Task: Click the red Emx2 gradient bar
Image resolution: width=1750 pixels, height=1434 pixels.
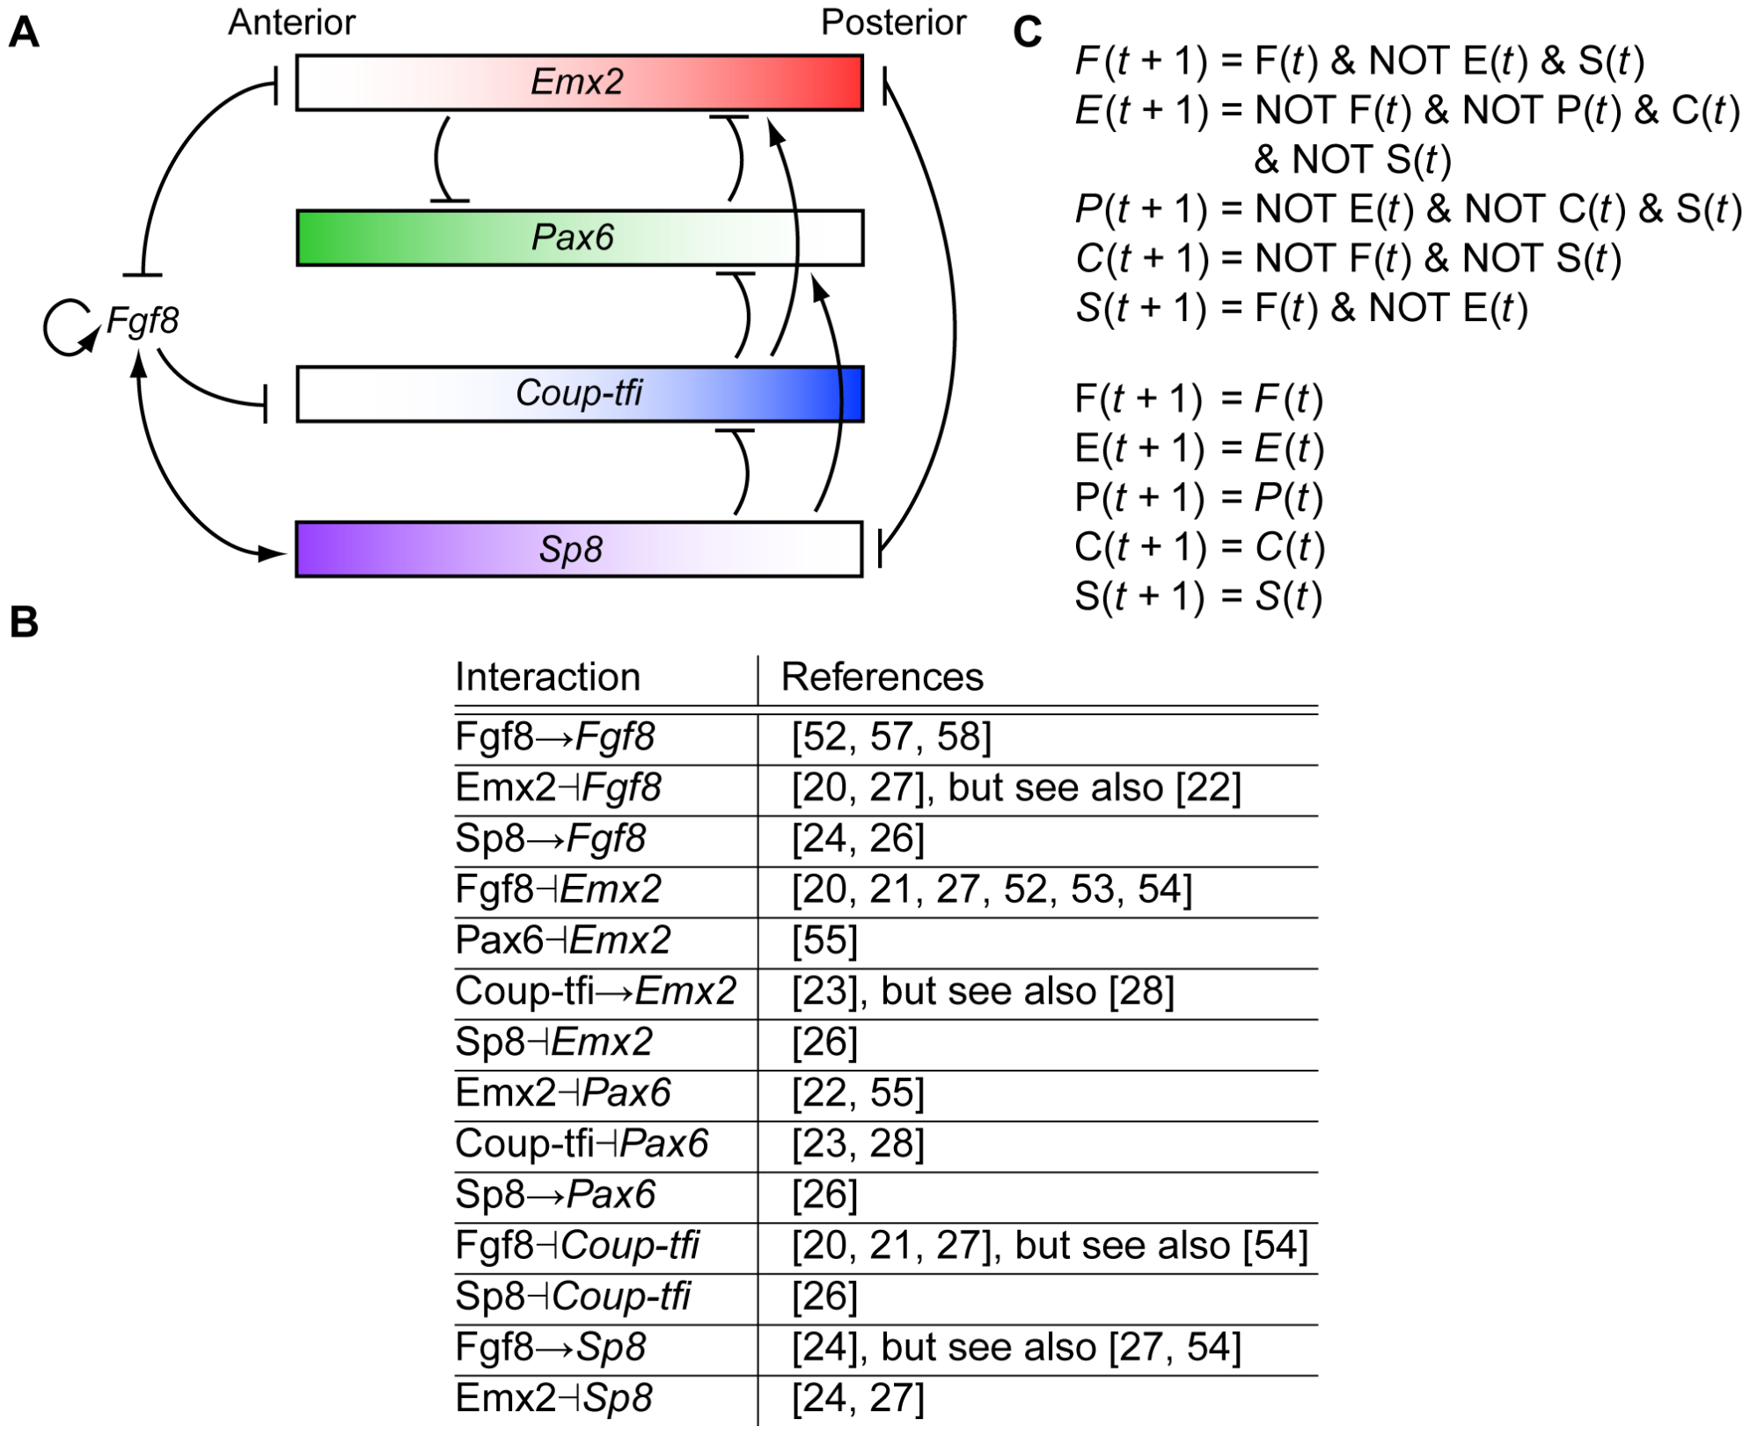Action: click(579, 83)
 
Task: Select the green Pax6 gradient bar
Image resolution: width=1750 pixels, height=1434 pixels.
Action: click(579, 238)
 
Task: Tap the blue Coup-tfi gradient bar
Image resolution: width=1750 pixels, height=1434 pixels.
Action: click(579, 393)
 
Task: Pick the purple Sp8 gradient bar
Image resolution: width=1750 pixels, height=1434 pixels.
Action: click(579, 549)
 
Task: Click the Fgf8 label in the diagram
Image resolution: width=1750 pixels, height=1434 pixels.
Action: click(143, 320)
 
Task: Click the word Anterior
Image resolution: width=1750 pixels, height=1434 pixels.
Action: click(291, 22)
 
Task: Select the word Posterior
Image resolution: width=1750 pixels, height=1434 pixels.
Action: click(892, 22)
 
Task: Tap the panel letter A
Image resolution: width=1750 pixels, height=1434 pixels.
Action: click(24, 33)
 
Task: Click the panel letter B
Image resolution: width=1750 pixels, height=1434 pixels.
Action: click(24, 622)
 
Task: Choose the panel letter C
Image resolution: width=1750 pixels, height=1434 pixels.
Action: click(1027, 33)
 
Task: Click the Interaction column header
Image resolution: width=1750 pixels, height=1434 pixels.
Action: click(547, 677)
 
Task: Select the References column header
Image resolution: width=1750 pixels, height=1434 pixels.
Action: click(882, 677)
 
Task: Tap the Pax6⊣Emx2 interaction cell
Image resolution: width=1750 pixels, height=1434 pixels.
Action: click(563, 940)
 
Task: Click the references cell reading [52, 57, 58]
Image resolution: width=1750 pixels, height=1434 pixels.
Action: click(891, 737)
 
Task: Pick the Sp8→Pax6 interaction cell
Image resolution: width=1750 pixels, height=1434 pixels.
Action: click(555, 1195)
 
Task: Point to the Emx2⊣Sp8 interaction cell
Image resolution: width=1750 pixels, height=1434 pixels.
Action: click(554, 1398)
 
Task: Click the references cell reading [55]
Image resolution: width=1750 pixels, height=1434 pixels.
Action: click(824, 940)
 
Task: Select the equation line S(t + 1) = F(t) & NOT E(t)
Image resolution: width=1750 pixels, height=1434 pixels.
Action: click(1301, 308)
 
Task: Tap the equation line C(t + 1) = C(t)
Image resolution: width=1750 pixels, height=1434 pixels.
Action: click(1199, 547)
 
